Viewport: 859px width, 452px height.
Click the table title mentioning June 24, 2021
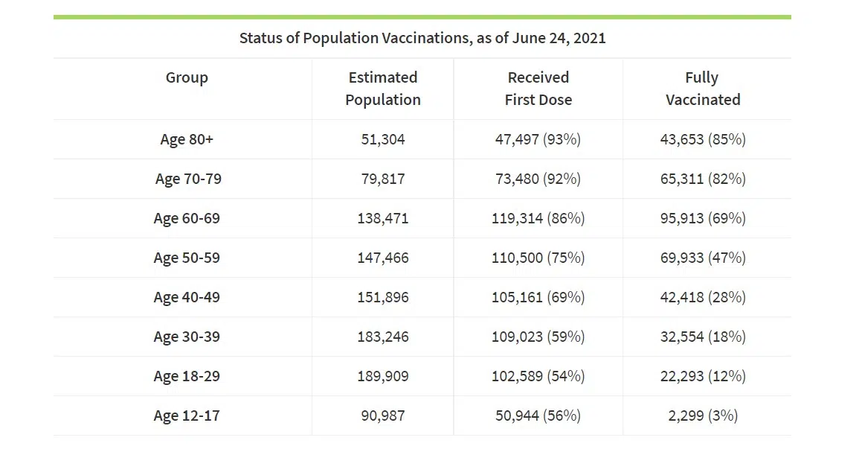[422, 38]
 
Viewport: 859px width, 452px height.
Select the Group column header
[187, 77]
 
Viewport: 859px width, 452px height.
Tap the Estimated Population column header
[383, 89]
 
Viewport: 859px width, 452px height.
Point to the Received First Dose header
[538, 89]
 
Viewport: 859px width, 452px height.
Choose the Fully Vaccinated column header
[703, 89]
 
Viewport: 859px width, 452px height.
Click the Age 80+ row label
[187, 139]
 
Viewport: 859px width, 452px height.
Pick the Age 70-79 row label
[188, 179]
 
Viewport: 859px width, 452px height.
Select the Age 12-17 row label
[187, 416]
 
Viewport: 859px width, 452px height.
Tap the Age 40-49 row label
[187, 297]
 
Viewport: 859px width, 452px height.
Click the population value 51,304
[383, 139]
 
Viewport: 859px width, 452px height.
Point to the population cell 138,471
[383, 218]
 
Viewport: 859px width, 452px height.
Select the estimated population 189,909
[383, 376]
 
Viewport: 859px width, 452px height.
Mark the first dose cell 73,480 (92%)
[538, 179]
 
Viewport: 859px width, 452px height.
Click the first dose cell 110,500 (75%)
[538, 258]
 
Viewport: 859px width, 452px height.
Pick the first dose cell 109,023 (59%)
[538, 337]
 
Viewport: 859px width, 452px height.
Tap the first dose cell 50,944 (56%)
[538, 416]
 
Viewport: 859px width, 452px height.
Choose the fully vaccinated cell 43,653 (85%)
[703, 139]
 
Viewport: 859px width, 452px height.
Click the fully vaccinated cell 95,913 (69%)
[703, 218]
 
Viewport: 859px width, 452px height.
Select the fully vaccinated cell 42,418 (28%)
[703, 297]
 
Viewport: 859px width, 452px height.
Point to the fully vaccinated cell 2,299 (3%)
[703, 416]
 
